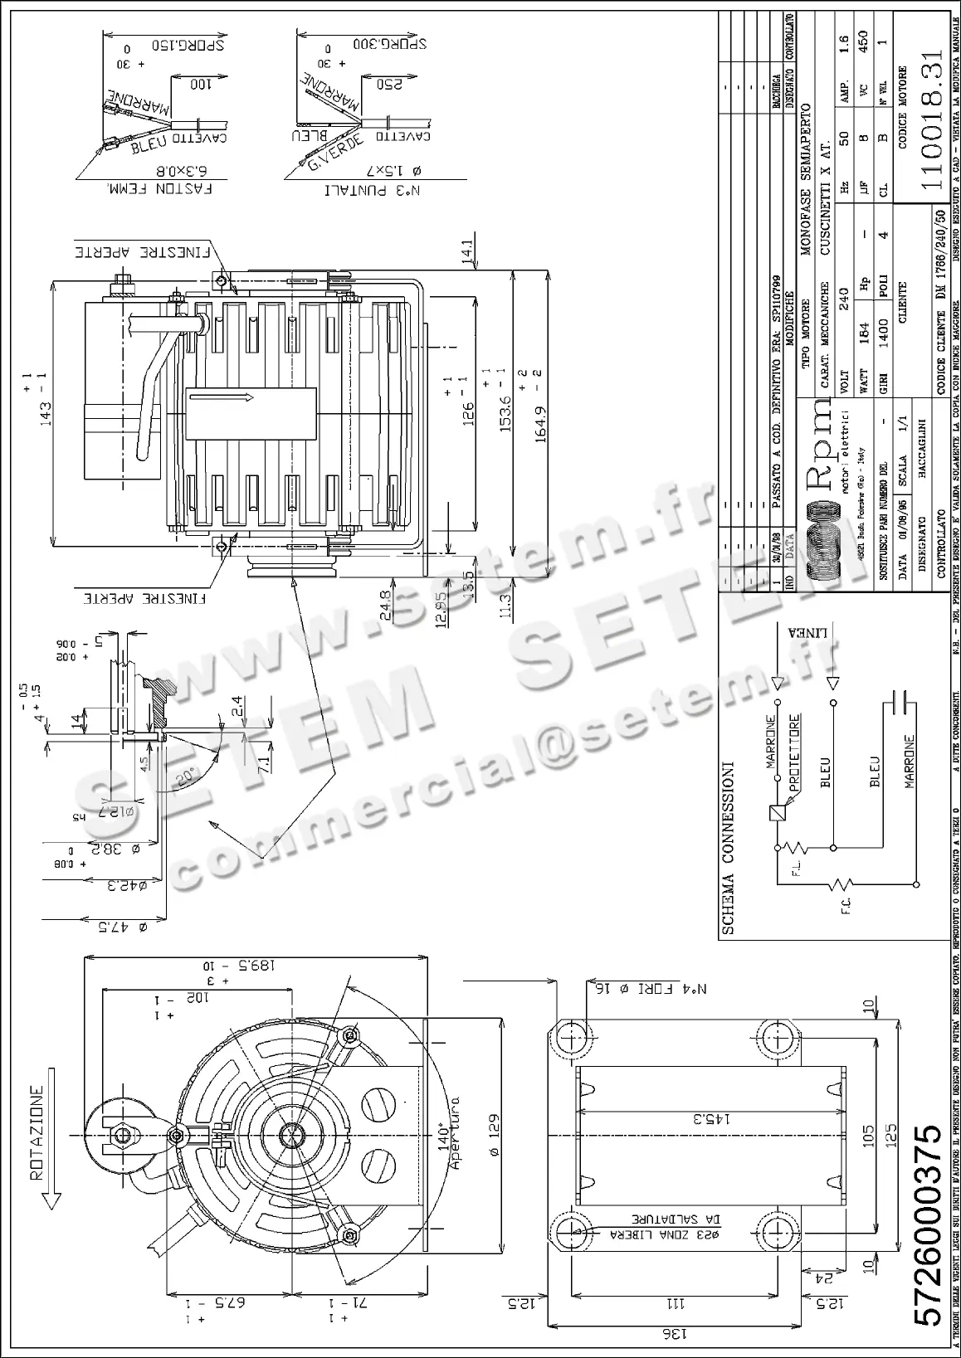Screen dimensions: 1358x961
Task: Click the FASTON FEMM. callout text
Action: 160,188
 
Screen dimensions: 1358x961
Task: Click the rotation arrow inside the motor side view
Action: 250,400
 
